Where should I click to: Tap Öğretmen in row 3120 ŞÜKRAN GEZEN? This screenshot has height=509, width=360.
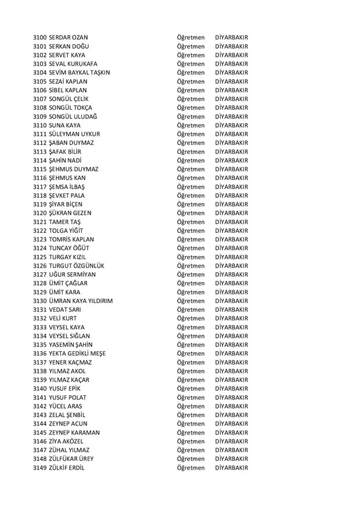click(191, 213)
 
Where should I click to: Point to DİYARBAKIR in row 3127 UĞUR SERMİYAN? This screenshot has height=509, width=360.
click(231, 275)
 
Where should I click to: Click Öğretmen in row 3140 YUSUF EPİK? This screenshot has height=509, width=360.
click(191, 389)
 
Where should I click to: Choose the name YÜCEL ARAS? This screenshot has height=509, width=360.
click(66, 406)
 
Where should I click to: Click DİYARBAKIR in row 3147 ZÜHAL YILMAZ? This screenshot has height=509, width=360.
click(231, 450)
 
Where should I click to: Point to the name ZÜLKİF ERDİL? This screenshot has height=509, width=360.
click(67, 468)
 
